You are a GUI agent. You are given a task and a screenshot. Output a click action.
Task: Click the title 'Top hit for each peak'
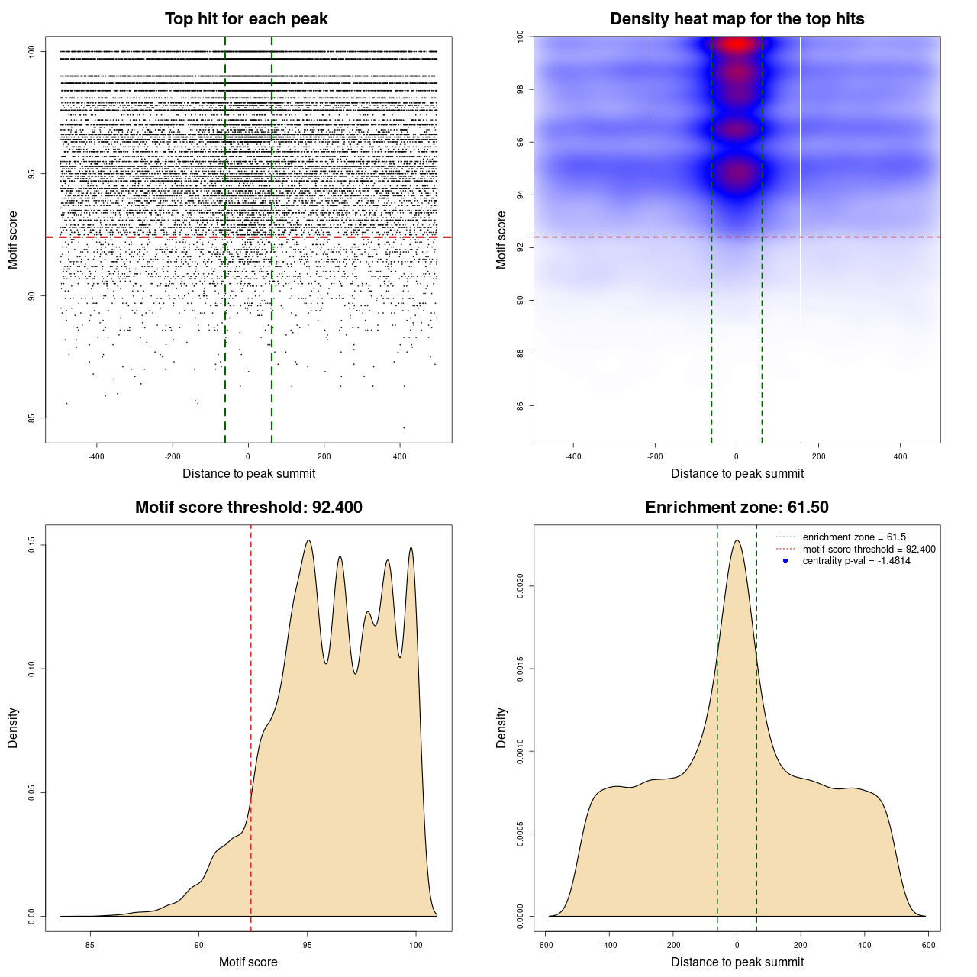pos(246,19)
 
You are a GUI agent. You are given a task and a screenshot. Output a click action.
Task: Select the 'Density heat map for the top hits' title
pos(737,19)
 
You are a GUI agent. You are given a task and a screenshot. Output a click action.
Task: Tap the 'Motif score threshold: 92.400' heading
pos(248,508)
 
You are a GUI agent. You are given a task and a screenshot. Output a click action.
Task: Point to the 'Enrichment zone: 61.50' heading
pos(737,508)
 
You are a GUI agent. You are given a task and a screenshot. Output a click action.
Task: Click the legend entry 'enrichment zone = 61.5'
pos(854,537)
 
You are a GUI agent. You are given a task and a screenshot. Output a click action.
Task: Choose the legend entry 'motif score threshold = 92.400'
pos(869,549)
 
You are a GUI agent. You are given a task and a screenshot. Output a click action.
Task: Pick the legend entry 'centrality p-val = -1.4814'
pos(856,561)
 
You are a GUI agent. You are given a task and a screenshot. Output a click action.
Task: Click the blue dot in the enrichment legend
pos(785,561)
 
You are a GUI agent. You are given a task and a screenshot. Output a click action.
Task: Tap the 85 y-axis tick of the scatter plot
pos(32,418)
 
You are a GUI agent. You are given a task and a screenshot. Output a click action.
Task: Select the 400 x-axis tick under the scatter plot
pos(399,456)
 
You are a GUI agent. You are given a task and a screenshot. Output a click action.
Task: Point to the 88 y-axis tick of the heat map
pos(520,353)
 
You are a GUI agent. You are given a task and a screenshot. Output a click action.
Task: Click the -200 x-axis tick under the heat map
pos(655,456)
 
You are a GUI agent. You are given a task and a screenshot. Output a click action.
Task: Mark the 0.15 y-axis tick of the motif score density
pos(32,545)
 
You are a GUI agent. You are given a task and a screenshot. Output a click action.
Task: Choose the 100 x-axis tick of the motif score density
pos(415,945)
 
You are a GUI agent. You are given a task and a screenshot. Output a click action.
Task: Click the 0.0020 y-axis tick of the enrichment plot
pos(520,586)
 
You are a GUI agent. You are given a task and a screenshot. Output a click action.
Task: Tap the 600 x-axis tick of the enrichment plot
pos(928,945)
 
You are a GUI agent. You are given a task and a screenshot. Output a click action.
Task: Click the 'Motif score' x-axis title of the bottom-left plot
pos(248,962)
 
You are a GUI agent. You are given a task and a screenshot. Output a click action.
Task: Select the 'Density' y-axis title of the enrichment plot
pos(501,727)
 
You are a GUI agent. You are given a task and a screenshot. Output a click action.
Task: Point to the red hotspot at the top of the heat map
pos(737,44)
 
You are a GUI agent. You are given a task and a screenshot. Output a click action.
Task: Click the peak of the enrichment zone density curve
pos(737,540)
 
